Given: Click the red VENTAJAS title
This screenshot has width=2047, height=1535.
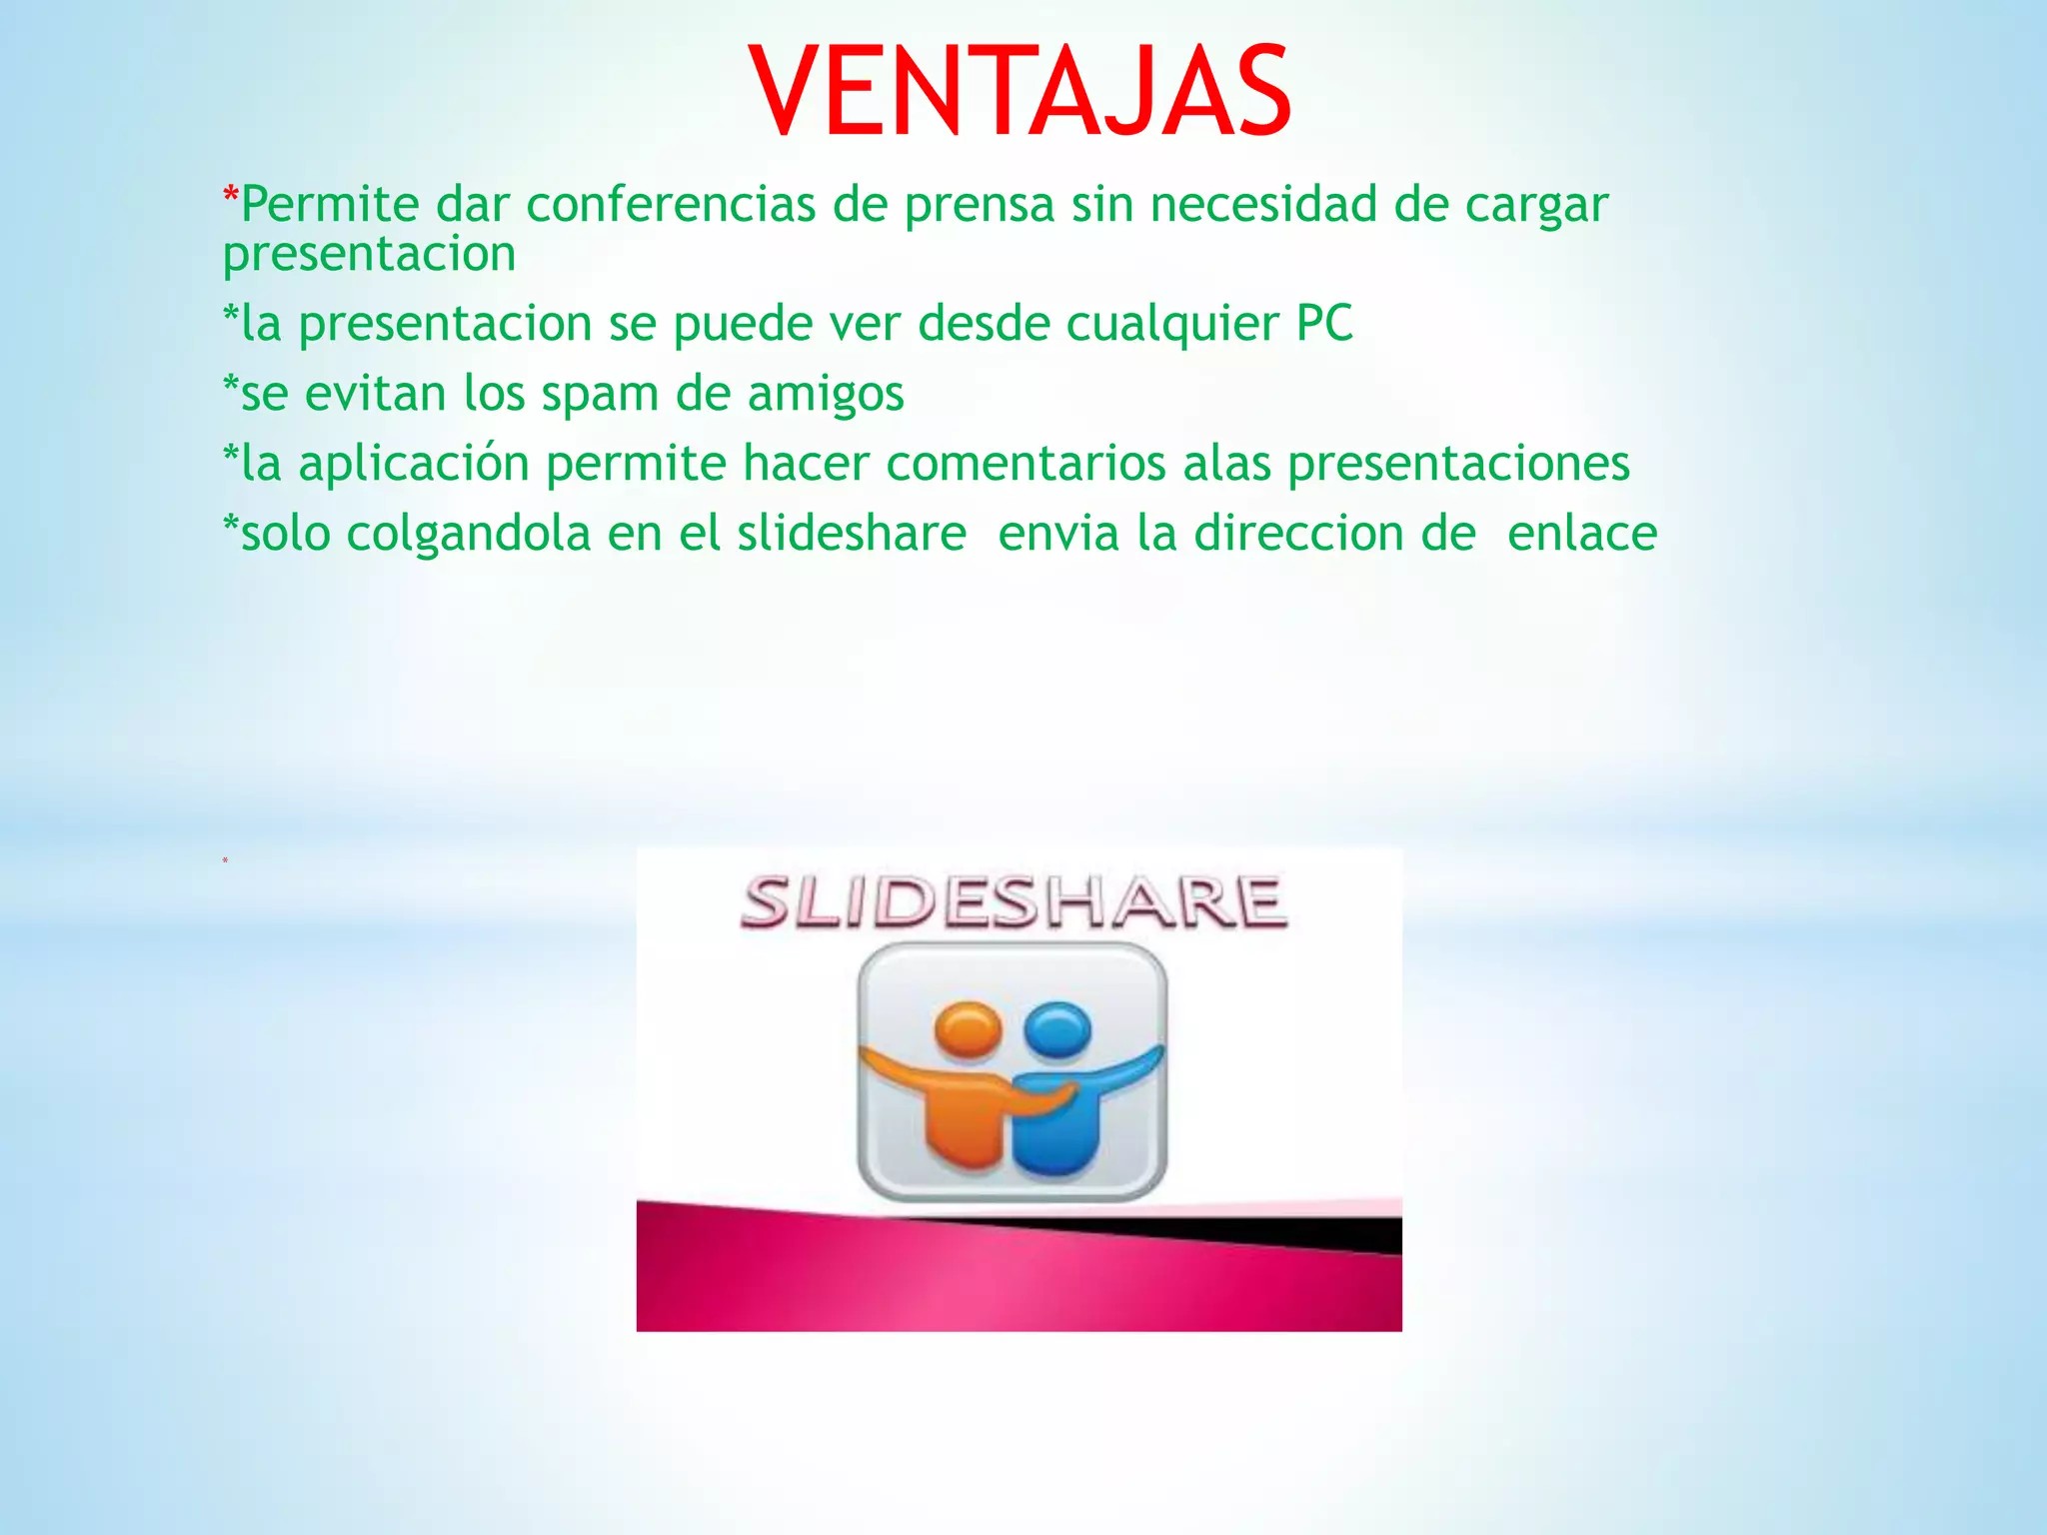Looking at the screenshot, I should [x=1020, y=92].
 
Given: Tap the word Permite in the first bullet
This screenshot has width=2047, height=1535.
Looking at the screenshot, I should [x=330, y=205].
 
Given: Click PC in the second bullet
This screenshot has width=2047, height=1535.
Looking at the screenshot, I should [x=1324, y=324].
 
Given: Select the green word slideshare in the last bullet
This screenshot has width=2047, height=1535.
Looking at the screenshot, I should [x=852, y=533].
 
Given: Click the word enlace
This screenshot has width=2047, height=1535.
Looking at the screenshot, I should [x=1581, y=533].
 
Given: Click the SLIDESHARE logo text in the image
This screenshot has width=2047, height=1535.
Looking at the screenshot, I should [x=1014, y=902].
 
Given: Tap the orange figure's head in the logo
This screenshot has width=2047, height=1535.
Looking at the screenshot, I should [x=968, y=1030].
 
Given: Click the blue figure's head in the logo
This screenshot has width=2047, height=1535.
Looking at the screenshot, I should [x=1058, y=1030].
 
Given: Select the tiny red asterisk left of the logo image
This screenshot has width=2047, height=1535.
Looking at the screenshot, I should [x=225, y=861].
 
